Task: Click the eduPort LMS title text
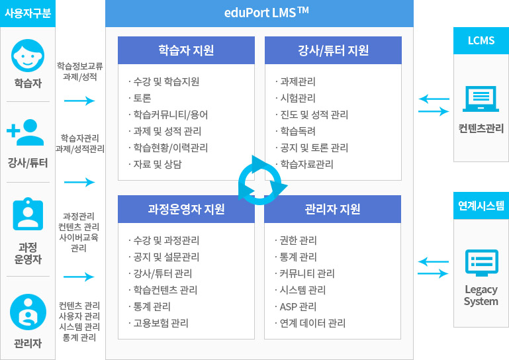coord(266,13)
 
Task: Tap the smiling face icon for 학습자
coord(28,56)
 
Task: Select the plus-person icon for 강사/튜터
coord(25,132)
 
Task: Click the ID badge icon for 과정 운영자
coord(28,214)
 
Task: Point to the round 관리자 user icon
coord(28,312)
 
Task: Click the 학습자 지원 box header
coord(186,50)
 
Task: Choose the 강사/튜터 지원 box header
coord(333,50)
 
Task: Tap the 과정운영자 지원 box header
coord(186,209)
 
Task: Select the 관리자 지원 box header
coord(332,209)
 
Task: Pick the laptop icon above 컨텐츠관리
coord(481,99)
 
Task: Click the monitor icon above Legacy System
coord(482,263)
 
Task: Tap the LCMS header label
coord(481,40)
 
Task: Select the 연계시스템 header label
coord(481,206)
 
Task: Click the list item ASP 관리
coord(298,306)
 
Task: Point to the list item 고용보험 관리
coord(161,323)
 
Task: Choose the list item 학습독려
coord(298,131)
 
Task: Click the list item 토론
coord(142,98)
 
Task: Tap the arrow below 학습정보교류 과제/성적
coord(79,101)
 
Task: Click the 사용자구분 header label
coord(28,13)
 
